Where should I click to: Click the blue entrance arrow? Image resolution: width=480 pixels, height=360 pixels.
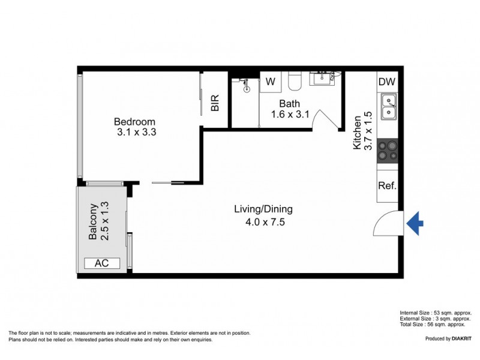tap(415, 224)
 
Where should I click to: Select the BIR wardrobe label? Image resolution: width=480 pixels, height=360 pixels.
tap(215, 103)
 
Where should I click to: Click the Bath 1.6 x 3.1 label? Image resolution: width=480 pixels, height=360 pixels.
tap(290, 109)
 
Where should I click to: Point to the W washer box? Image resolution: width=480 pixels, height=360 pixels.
tap(271, 81)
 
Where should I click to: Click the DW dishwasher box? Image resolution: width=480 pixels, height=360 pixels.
tap(387, 82)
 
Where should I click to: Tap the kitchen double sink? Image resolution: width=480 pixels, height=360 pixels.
tap(388, 106)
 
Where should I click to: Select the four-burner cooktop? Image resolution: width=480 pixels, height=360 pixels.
tap(388, 150)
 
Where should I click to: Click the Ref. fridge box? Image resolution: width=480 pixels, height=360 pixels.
tap(387, 185)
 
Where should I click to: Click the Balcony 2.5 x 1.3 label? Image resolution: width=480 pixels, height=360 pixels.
tap(99, 221)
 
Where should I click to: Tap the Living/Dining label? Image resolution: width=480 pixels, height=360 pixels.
tap(263, 215)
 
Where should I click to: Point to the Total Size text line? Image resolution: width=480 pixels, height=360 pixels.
tap(432, 325)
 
